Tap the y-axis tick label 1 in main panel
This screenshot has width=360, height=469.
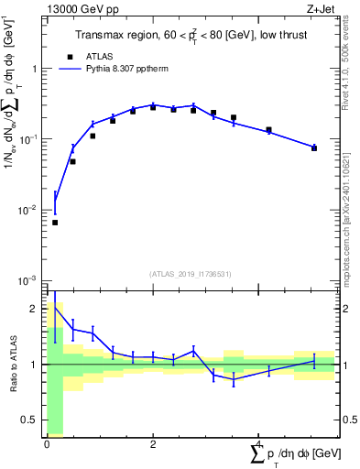click(35, 69)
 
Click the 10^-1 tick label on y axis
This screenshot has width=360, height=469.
click(30, 139)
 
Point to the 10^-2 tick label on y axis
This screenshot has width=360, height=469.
click(30, 210)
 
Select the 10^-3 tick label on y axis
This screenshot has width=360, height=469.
click(30, 279)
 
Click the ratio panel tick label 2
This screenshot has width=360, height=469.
click(36, 309)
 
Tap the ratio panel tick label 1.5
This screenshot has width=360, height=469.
click(32, 336)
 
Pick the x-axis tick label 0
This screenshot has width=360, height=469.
click(47, 444)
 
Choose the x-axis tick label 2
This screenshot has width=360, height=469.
click(152, 444)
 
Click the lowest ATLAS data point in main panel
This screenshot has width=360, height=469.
click(55, 223)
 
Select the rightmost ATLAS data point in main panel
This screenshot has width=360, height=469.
click(314, 147)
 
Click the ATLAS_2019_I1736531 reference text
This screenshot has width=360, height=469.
click(191, 273)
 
